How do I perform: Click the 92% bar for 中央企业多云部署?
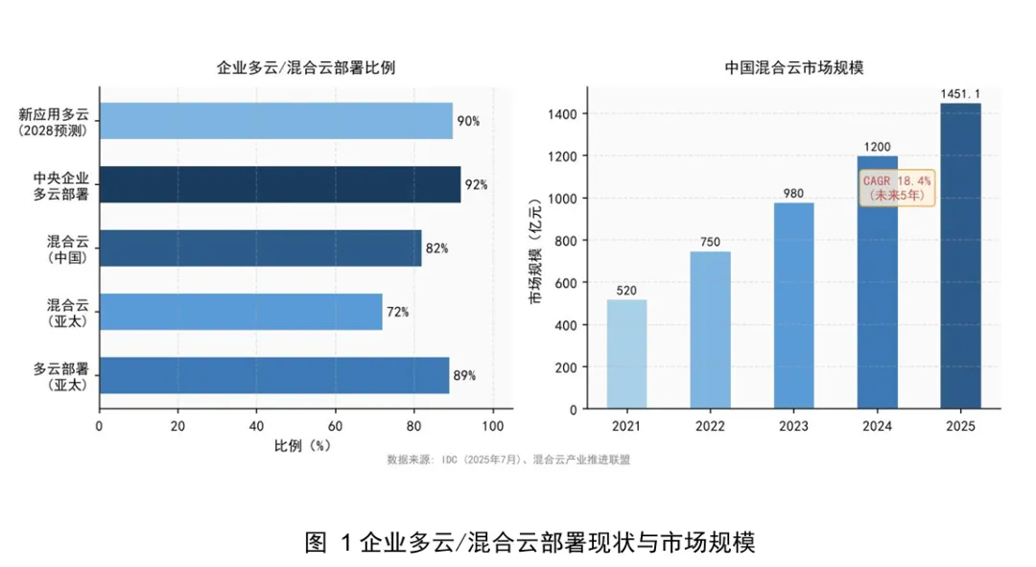(x=280, y=184)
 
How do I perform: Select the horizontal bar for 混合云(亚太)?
(x=241, y=312)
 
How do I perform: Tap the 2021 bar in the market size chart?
(x=626, y=354)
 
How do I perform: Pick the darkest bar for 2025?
(x=960, y=256)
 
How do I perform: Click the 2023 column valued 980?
(x=793, y=306)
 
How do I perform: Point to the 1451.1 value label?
(x=960, y=94)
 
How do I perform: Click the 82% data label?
(x=436, y=248)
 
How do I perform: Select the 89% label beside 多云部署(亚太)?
(x=464, y=375)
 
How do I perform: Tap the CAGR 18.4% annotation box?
(x=897, y=188)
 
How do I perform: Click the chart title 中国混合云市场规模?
(x=793, y=67)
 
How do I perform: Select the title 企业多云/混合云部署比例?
(x=306, y=67)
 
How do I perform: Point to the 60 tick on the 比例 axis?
(x=335, y=426)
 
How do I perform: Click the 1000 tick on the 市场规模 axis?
(x=562, y=199)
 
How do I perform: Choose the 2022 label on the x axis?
(x=710, y=426)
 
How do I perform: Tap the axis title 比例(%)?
(x=302, y=446)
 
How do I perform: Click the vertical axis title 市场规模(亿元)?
(x=535, y=250)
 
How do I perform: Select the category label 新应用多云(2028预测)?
(x=54, y=122)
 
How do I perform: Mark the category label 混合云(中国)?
(x=67, y=249)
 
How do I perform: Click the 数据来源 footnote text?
(x=508, y=460)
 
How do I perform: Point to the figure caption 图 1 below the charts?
(x=530, y=542)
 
